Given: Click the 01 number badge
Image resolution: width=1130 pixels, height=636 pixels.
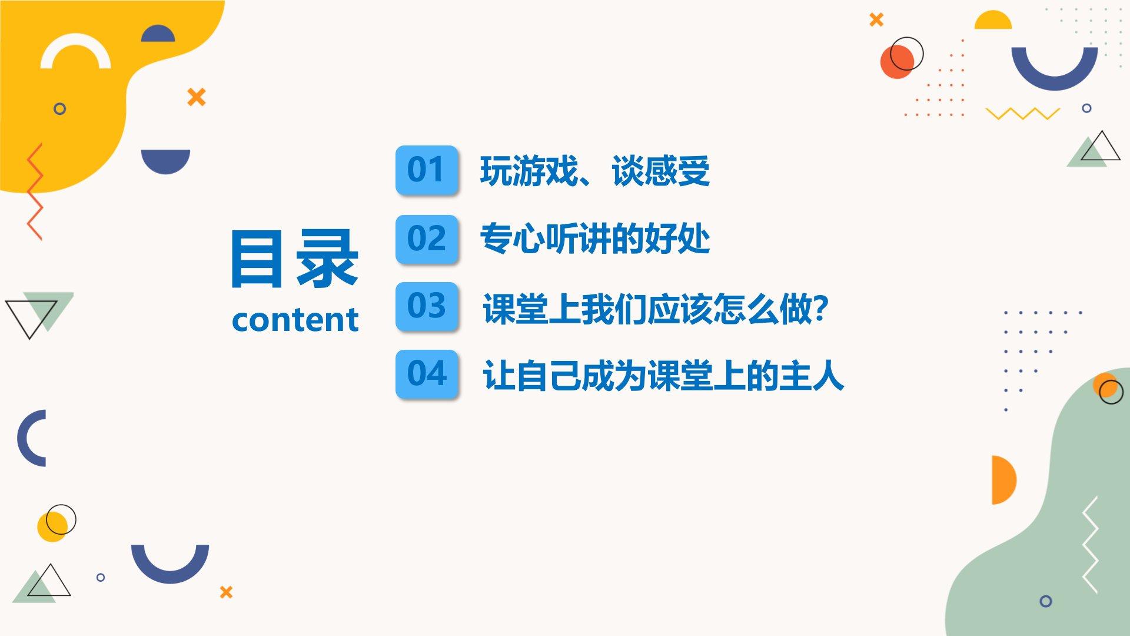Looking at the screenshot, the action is pos(427,170).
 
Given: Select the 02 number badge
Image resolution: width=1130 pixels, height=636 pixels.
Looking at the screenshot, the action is pos(427,239).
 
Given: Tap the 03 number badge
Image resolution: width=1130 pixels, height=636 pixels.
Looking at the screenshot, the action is pos(427,306).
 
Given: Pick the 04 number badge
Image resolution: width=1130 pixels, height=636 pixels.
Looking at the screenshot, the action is pos(427,374).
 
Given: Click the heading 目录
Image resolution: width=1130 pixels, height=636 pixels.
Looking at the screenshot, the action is pos(294,259).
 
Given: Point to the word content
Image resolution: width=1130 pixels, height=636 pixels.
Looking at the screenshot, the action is pos(295,320).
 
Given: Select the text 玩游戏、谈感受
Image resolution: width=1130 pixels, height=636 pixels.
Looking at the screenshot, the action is pos(595,171).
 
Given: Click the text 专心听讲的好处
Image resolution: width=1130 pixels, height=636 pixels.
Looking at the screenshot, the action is pos(595,239).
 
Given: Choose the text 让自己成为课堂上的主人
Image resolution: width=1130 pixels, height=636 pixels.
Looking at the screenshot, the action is pos(663,376).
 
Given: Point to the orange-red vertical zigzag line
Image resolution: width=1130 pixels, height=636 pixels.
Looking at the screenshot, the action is pos(35,191).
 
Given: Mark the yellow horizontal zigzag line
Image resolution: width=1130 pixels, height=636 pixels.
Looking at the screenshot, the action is pos(1023,113).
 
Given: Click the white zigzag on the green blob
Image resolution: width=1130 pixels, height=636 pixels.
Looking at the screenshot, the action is pos(1091,544).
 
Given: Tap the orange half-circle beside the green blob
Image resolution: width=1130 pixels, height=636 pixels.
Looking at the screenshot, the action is pos(1003,480).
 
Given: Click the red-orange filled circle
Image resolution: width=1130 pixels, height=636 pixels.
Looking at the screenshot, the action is pos(897,61).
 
